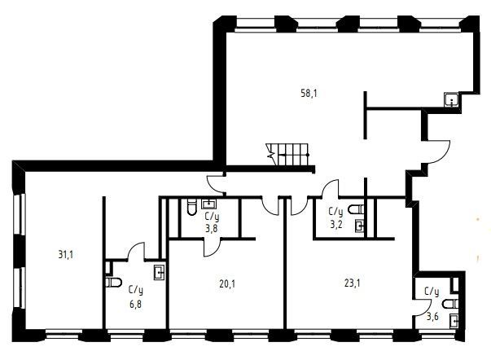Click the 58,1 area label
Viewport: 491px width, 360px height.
click(309, 94)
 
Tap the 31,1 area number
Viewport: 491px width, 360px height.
click(66, 255)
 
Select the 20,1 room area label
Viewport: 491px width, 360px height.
click(227, 284)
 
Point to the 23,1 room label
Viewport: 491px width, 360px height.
click(353, 283)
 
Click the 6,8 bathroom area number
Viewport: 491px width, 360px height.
click(135, 304)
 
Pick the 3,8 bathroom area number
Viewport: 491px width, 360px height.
click(212, 229)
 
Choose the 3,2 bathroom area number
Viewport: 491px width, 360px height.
click(336, 225)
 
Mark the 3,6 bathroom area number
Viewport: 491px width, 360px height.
click(432, 316)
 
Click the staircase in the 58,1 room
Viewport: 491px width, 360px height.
click(287, 154)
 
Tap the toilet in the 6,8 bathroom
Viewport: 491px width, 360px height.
click(113, 283)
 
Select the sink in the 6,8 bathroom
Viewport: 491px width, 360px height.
click(160, 272)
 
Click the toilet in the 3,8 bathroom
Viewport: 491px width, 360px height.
click(191, 208)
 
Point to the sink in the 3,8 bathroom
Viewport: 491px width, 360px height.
click(209, 204)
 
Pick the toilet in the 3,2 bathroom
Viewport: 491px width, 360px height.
click(357, 209)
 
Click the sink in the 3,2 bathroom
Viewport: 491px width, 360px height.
click(360, 226)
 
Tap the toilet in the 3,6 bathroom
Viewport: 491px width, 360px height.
click(450, 304)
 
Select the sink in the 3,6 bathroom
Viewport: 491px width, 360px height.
click(454, 322)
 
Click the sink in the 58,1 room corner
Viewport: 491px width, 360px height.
click(452, 100)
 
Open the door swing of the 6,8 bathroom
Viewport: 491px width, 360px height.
click(135, 250)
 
